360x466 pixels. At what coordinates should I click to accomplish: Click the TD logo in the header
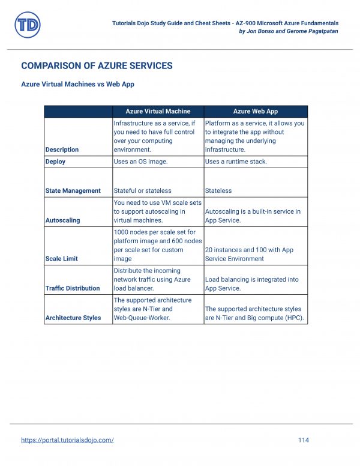click(x=28, y=25)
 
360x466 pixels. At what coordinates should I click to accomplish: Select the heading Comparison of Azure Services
click(x=97, y=66)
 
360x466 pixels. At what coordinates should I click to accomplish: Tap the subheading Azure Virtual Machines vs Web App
click(x=77, y=84)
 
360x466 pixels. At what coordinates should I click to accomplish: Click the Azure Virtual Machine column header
click(x=158, y=111)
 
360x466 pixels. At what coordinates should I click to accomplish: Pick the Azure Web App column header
click(x=255, y=111)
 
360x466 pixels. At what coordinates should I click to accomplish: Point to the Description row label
click(x=62, y=150)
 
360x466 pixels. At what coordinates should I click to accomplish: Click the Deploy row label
click(x=55, y=162)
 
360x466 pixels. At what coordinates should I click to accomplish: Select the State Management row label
click(x=73, y=191)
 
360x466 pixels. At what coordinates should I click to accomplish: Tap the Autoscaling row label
click(x=62, y=220)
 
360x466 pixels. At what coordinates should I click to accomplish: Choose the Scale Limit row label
click(x=62, y=259)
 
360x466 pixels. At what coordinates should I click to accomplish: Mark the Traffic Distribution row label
click(x=73, y=288)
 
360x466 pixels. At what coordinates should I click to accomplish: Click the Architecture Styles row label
click(x=73, y=318)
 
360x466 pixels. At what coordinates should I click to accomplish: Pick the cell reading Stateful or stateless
click(x=141, y=191)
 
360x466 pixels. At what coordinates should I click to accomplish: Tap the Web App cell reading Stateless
click(x=218, y=191)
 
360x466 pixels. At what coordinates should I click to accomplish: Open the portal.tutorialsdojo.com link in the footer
click(x=67, y=440)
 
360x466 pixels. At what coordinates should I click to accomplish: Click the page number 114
click(x=303, y=440)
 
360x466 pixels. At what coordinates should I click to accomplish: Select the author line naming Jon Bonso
click(x=288, y=31)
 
